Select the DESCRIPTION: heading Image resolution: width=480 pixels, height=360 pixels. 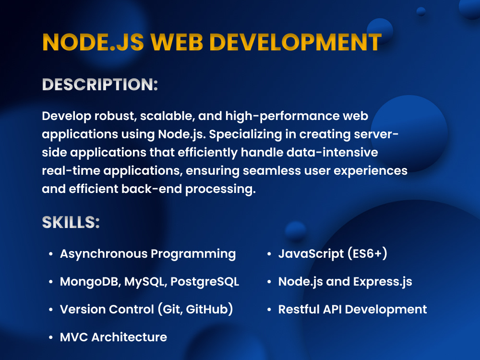tap(100, 85)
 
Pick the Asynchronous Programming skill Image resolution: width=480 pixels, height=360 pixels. tap(147, 254)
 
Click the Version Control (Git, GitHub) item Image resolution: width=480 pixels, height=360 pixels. tap(146, 310)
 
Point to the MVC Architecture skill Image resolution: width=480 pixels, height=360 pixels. tap(113, 337)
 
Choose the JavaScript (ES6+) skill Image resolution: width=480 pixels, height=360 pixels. tap(333, 254)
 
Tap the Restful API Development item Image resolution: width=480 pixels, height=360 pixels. tap(352, 310)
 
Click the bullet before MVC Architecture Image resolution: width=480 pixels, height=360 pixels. tap(51, 338)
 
